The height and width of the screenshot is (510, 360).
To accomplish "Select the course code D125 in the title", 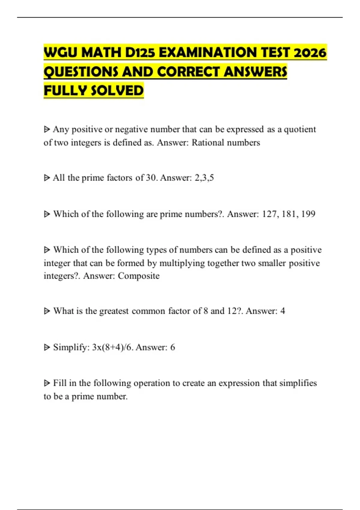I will pos(140,53).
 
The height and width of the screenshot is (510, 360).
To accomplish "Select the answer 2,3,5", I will pos(204,178).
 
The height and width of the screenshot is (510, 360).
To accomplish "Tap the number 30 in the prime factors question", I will pos(151,178).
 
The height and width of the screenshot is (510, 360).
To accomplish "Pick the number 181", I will pos(290,214).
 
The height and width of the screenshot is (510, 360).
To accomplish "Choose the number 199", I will pos(308,214).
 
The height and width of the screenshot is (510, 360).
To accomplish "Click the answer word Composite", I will pos(139,276).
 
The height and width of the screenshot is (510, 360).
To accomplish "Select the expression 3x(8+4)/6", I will pos(113,347).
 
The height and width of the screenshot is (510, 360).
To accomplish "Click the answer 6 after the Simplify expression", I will pos(172,347).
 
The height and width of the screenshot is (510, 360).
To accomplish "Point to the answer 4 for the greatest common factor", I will pos(283,311).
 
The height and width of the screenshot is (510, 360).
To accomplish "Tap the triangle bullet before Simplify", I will pos(47,347).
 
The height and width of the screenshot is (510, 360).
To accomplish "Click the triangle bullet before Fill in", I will pos(47,383).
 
